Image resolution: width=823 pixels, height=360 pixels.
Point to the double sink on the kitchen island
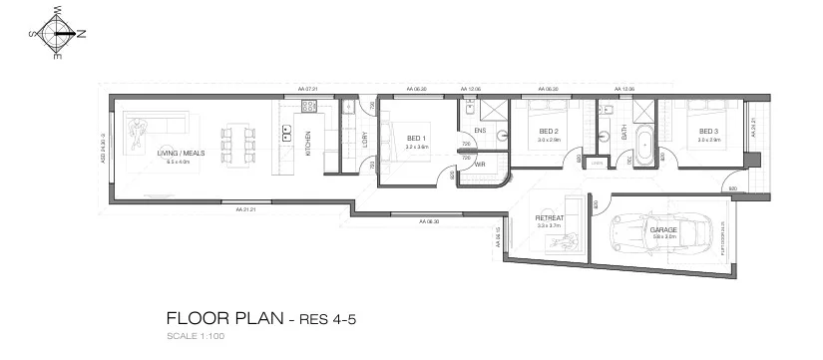285,130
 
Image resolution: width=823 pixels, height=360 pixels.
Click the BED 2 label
548,131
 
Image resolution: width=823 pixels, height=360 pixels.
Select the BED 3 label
707,131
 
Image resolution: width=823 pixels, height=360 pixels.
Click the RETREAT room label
550,216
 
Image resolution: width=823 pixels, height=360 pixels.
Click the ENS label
480,131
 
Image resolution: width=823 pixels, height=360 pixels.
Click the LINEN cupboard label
597,161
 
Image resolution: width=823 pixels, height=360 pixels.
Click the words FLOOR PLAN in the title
224,319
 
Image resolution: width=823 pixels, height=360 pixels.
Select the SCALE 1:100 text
198,337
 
